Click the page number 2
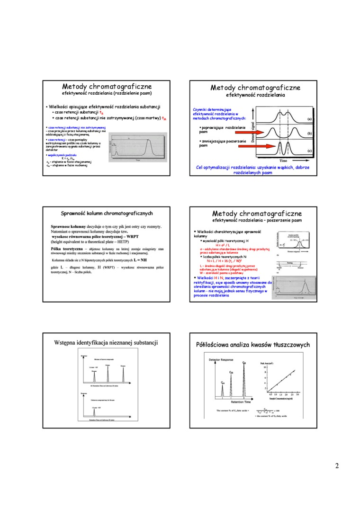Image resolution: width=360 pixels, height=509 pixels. click(x=337, y=466)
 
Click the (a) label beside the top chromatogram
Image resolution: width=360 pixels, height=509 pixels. click(x=309, y=119)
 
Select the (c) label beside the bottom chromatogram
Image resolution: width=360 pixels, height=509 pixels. click(x=309, y=151)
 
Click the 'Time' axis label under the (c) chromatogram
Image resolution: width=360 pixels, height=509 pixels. click(x=283, y=161)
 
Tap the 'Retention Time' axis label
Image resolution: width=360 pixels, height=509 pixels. click(x=234, y=401)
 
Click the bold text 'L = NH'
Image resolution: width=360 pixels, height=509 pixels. click(x=140, y=260)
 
